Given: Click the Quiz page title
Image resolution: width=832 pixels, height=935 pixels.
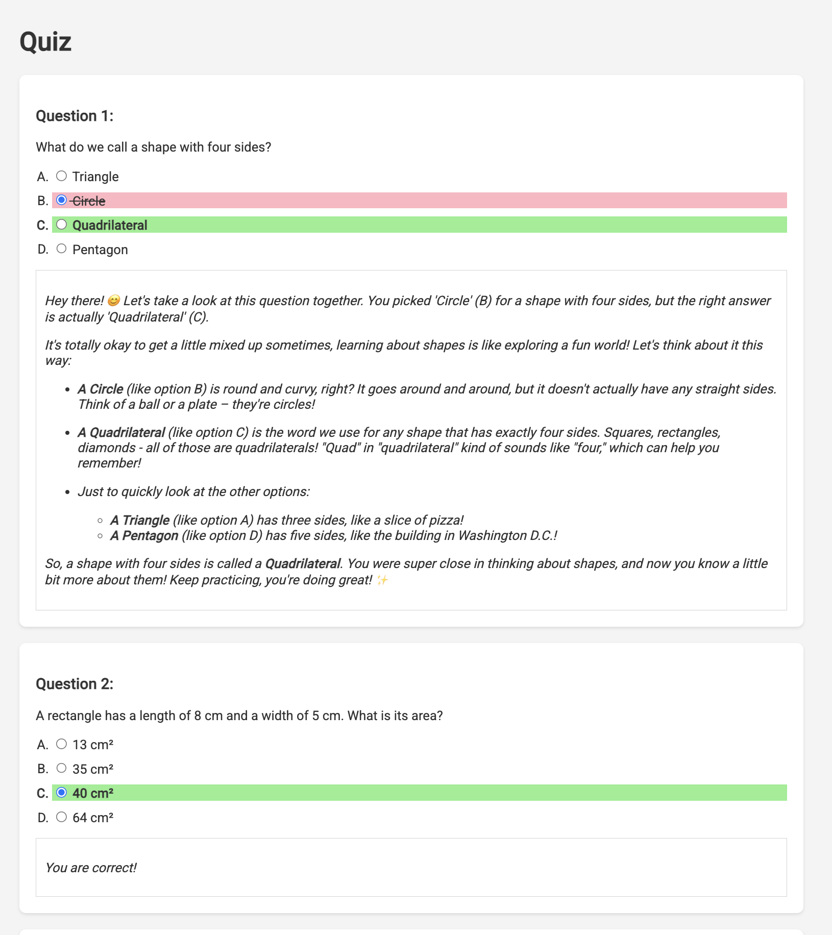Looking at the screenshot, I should click(45, 41).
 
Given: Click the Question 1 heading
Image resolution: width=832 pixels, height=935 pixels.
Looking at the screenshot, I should click(75, 116).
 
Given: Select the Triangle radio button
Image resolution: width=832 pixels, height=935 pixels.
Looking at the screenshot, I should click(62, 176).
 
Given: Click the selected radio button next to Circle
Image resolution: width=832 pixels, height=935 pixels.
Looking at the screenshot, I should click(62, 200).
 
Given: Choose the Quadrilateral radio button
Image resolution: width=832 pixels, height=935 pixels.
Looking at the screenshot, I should click(62, 225).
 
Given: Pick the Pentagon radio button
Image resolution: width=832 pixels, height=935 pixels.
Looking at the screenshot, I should click(62, 249).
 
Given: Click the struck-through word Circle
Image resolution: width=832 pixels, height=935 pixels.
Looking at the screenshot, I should click(89, 201).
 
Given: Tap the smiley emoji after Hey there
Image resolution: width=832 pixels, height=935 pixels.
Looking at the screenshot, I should click(114, 301).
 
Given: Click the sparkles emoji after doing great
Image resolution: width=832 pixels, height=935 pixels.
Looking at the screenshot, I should click(382, 580).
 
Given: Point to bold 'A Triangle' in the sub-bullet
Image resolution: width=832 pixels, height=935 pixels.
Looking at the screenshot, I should click(140, 520).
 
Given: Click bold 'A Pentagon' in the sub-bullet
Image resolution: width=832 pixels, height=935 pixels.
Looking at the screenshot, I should click(144, 535).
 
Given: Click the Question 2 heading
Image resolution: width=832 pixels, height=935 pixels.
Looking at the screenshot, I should click(75, 684).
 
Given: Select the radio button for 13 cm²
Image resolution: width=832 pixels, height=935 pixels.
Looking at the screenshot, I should click(62, 744).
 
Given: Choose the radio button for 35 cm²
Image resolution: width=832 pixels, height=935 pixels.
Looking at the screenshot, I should click(62, 768).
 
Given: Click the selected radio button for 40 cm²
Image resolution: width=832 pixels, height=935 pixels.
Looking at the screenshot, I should click(62, 793).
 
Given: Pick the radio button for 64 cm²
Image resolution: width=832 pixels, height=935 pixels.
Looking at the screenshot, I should click(62, 817).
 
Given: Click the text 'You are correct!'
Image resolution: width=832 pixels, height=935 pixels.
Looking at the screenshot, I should click(91, 868).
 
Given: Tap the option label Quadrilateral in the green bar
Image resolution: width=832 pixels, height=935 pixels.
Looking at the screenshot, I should click(110, 225).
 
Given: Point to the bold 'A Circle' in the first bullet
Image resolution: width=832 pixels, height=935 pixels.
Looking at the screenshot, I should click(101, 389).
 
